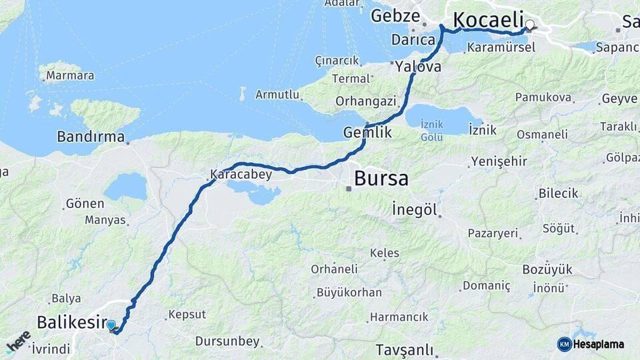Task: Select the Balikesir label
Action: click(71, 323)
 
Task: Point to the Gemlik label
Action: click(367, 133)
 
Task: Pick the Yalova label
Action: click(418, 67)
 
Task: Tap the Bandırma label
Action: click(91, 137)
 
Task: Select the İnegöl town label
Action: click(415, 211)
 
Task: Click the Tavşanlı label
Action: click(404, 350)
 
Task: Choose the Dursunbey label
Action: click(227, 341)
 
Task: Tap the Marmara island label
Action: click(69, 75)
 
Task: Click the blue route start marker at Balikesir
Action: click(111, 325)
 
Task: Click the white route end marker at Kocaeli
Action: click(530, 25)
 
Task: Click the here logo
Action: click(18, 341)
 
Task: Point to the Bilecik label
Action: click(559, 193)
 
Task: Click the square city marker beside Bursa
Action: click(348, 188)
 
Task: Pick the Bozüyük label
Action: click(547, 269)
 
